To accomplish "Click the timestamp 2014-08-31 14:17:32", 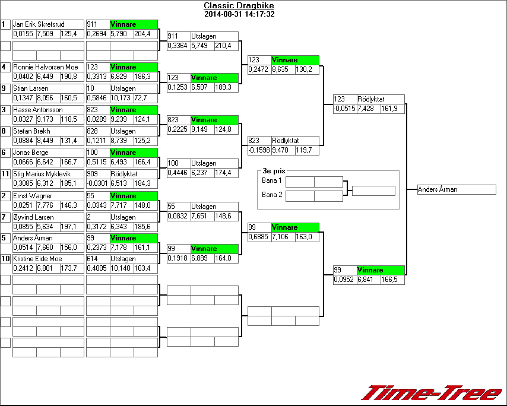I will tap(239, 14).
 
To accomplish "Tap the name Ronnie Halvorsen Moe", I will tap(45, 67).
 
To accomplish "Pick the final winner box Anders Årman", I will tap(456, 190).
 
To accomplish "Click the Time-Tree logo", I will tap(432, 393).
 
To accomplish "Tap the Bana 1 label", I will tap(271, 180).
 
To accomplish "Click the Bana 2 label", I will tap(271, 195).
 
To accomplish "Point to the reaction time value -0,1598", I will tap(259, 151).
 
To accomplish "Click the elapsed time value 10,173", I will tap(121, 98).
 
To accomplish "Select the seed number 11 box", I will tap(5, 173).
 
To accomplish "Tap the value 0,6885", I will tap(259, 237).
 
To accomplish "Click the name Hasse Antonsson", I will tap(37, 110).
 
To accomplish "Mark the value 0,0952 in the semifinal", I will tap(344, 280).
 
